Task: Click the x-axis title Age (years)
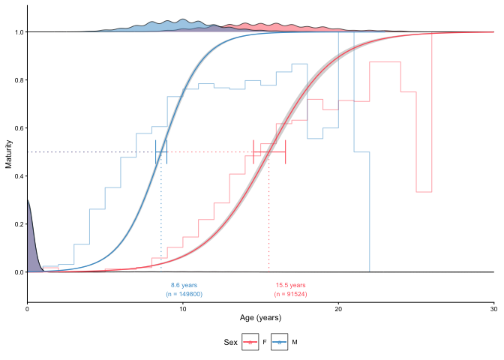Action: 260,318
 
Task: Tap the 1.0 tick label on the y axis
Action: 16,32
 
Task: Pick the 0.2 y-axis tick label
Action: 16,224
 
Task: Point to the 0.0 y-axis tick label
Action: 16,272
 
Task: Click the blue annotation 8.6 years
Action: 184,285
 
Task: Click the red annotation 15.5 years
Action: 290,285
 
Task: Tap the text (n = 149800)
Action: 184,294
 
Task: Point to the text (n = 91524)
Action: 290,294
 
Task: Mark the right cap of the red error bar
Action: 286,152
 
